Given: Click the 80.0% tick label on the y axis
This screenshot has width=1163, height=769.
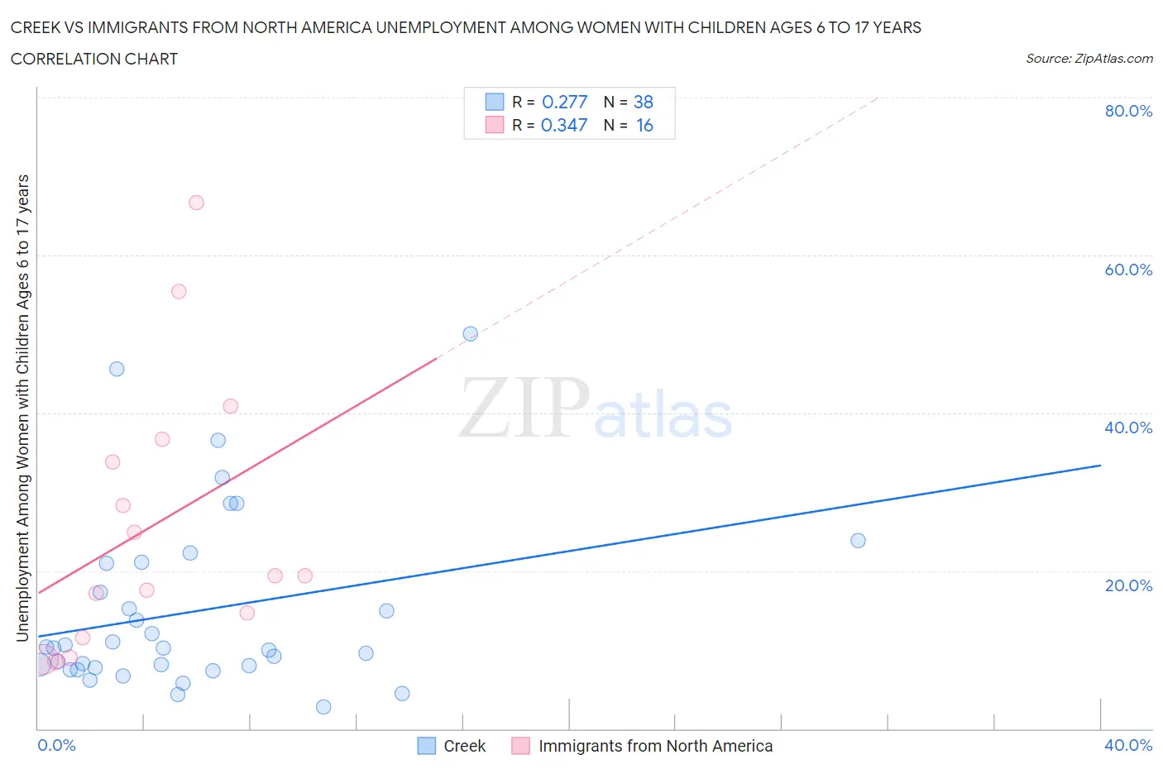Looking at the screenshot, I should click(x=1127, y=111).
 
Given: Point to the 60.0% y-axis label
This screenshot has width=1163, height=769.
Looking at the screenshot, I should click(x=1127, y=270).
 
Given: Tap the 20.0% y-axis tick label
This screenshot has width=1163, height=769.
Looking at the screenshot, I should click(x=1127, y=585).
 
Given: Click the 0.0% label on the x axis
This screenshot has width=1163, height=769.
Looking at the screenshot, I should click(x=56, y=745).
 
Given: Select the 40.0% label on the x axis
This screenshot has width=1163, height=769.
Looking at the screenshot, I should click(x=1127, y=745).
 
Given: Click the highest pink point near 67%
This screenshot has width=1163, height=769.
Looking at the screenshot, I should click(x=196, y=203).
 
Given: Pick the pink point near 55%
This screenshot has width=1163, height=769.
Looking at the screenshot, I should click(x=179, y=291).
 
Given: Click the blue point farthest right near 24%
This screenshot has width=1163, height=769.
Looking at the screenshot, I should click(x=858, y=541).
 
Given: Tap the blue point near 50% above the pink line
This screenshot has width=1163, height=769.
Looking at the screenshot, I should click(x=470, y=334).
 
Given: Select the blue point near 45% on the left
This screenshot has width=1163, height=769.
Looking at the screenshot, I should click(x=117, y=369).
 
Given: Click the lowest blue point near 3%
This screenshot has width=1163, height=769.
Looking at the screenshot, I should click(x=323, y=707).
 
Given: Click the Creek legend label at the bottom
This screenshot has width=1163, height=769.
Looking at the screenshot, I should click(x=464, y=746).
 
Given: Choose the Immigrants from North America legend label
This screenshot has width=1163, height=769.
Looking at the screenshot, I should click(x=655, y=746).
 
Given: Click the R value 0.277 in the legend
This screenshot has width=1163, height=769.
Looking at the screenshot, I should click(x=564, y=102).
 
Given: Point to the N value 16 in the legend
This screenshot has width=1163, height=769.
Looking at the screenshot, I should click(x=644, y=125).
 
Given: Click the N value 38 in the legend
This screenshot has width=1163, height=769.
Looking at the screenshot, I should click(x=643, y=102).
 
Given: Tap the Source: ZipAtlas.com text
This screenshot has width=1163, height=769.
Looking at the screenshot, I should click(x=1089, y=59).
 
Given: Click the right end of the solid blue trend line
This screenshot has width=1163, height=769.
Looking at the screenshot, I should click(x=1100, y=466).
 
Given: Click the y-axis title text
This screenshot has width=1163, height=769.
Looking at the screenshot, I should click(x=22, y=408).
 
